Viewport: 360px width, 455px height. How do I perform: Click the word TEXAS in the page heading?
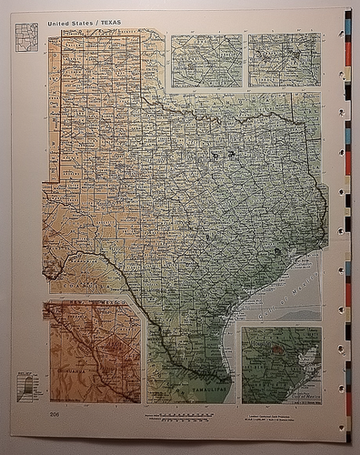tap(108, 22)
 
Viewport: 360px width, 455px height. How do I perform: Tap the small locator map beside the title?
tap(26, 36)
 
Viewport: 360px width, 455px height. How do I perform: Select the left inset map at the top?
tap(206, 61)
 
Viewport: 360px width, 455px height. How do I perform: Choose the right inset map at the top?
tap(285, 60)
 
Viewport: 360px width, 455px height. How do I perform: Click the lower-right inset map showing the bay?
tap(281, 365)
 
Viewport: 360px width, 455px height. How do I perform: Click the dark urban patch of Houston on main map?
tap(276, 251)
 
